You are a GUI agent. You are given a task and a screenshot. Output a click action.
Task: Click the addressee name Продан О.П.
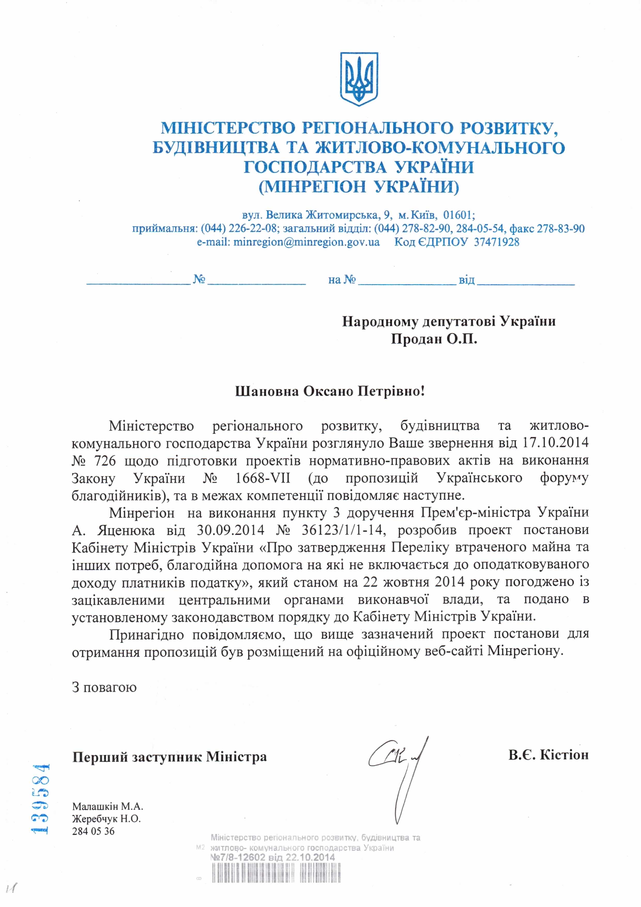tap(434, 339)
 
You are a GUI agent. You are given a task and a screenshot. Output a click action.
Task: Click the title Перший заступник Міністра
tap(169, 757)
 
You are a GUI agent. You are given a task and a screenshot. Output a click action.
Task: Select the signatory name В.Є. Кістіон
tap(548, 755)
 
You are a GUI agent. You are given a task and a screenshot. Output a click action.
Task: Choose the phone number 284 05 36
tap(93, 831)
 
